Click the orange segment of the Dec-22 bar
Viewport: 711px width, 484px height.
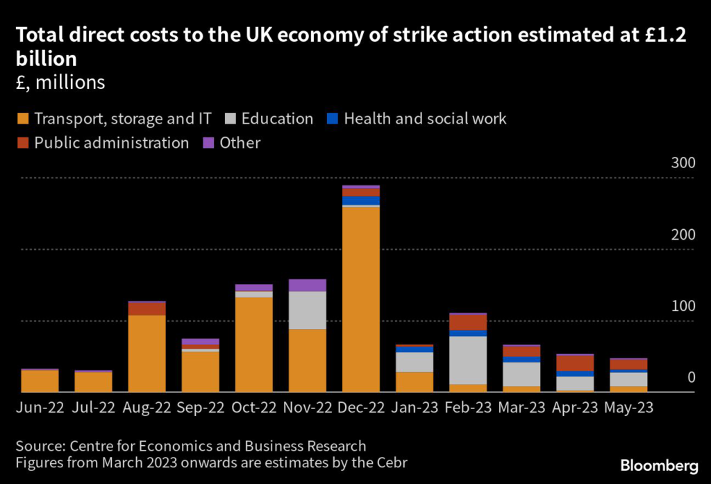point(361,299)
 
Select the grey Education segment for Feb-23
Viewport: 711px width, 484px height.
point(468,360)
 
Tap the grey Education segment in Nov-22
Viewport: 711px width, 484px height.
point(308,310)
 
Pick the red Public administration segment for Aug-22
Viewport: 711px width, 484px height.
point(147,308)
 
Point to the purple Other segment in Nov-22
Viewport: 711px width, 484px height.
point(308,285)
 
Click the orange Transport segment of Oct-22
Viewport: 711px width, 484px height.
point(254,344)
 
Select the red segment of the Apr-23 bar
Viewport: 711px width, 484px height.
point(575,362)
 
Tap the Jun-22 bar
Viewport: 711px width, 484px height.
point(40,381)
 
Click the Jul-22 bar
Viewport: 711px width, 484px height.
point(94,381)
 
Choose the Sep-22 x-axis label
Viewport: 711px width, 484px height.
point(201,408)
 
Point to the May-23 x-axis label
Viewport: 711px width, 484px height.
point(628,408)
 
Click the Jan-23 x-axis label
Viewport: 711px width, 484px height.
point(415,408)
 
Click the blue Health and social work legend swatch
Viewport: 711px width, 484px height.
point(331,119)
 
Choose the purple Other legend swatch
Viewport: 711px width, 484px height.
point(207,143)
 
